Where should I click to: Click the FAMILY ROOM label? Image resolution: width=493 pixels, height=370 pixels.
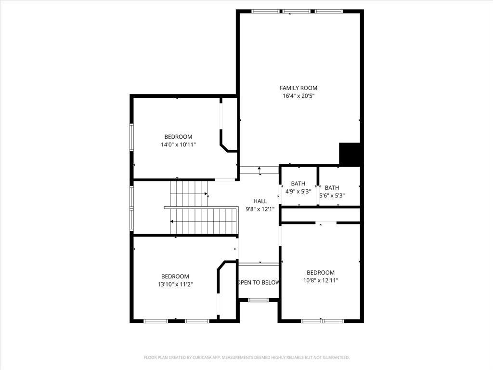click(x=298, y=88)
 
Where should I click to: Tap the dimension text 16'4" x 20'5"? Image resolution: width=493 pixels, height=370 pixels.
click(x=298, y=96)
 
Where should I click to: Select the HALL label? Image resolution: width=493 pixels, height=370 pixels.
click(x=260, y=201)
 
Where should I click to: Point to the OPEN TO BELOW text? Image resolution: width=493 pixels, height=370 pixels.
click(x=259, y=282)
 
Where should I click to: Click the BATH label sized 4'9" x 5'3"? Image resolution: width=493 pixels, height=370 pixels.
click(x=298, y=184)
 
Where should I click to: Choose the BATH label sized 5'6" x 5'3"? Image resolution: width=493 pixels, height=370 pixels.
click(x=332, y=188)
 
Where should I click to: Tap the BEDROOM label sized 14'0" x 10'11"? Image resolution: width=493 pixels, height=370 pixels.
click(x=178, y=137)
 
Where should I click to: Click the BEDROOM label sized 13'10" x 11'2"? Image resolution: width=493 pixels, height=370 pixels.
click(x=175, y=276)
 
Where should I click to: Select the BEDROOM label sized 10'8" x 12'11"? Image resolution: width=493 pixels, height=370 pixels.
click(x=321, y=272)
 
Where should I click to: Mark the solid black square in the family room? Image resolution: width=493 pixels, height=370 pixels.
click(x=350, y=154)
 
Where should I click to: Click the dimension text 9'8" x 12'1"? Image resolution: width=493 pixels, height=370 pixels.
click(x=260, y=209)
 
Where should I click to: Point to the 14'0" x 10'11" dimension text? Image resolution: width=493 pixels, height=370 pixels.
click(x=178, y=145)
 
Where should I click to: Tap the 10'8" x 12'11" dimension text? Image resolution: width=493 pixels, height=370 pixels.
click(x=321, y=280)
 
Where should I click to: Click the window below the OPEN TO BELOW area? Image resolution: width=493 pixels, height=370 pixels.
click(x=259, y=300)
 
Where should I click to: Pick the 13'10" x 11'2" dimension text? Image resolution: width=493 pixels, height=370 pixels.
click(x=175, y=284)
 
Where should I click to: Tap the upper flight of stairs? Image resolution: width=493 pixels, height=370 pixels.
click(x=188, y=193)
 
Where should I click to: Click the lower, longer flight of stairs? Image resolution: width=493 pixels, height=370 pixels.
click(x=204, y=221)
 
